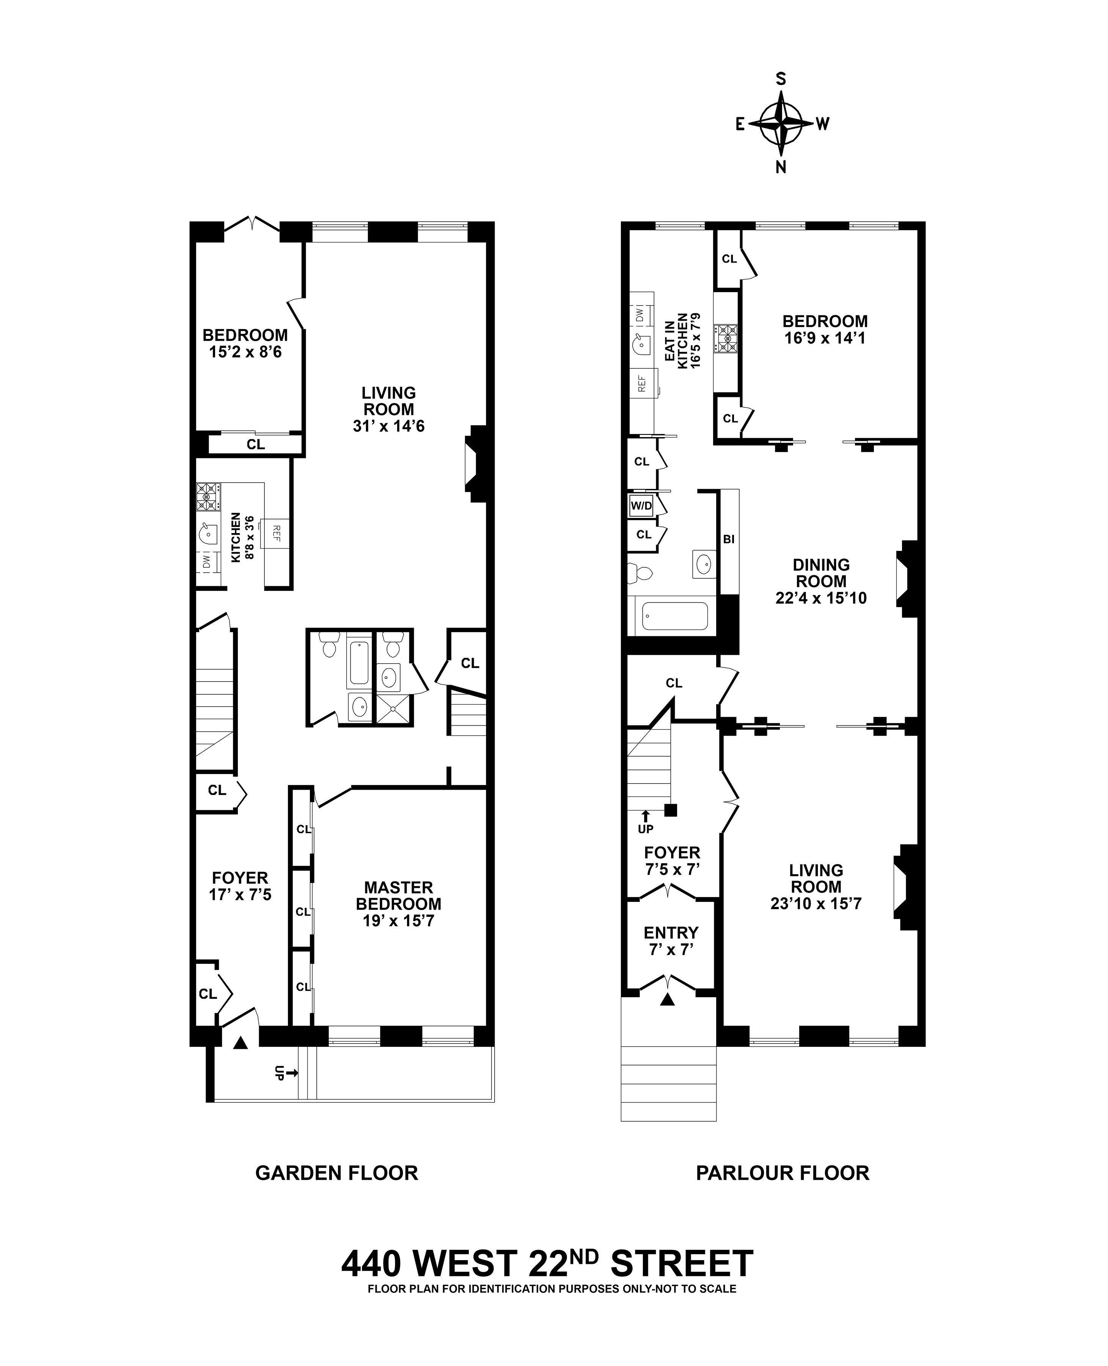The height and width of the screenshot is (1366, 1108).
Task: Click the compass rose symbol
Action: click(780, 123)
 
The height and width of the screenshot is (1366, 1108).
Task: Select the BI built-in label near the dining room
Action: click(729, 539)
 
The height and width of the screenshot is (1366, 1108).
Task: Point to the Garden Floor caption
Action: click(336, 1172)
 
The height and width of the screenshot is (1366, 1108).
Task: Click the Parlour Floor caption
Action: click(783, 1172)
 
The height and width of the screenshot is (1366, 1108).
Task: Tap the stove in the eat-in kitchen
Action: click(726, 338)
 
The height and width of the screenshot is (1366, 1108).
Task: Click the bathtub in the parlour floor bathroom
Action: click(675, 616)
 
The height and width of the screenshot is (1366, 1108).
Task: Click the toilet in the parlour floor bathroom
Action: click(640, 574)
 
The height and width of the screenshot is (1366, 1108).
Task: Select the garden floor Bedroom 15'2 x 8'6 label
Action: click(245, 343)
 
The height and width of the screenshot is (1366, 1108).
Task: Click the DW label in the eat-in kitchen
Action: click(639, 314)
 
